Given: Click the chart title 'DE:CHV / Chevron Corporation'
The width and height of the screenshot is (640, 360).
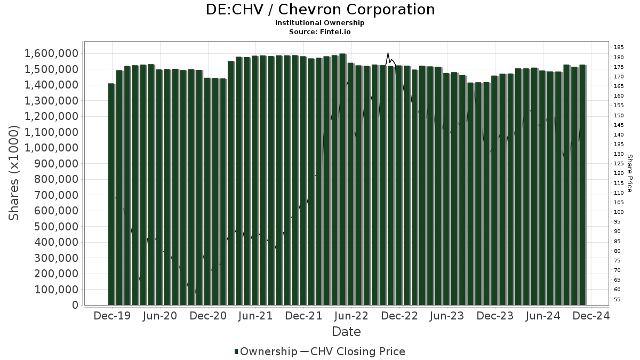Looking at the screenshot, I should (320, 10).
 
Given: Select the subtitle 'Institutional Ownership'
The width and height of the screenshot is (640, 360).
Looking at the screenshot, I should (320, 23).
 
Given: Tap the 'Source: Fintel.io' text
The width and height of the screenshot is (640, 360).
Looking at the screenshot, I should (320, 32).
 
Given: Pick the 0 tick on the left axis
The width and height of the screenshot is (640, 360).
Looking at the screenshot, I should (75, 305).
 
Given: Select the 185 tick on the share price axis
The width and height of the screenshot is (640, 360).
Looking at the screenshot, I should (619, 47).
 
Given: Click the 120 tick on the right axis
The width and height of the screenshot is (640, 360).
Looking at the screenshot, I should (619, 173).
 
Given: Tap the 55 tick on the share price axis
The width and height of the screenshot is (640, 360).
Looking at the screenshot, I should (618, 299).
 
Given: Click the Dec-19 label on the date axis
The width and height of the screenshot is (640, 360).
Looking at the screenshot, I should (113, 316).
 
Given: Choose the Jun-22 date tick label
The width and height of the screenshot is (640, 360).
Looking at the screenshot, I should (351, 316).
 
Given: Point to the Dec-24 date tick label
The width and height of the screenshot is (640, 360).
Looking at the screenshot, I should (590, 316).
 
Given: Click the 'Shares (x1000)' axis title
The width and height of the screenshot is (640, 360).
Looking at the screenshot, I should (14, 173).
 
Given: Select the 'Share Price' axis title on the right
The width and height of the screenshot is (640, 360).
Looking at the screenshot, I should (630, 173).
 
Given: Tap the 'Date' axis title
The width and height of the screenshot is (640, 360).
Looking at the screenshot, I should (346, 332).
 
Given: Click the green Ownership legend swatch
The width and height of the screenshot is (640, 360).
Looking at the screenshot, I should (236, 351).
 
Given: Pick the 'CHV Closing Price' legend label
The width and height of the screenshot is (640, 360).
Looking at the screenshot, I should (358, 351).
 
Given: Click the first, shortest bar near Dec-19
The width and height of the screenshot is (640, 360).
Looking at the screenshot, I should (111, 195).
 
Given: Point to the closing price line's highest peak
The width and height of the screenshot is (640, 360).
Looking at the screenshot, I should (388, 53).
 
